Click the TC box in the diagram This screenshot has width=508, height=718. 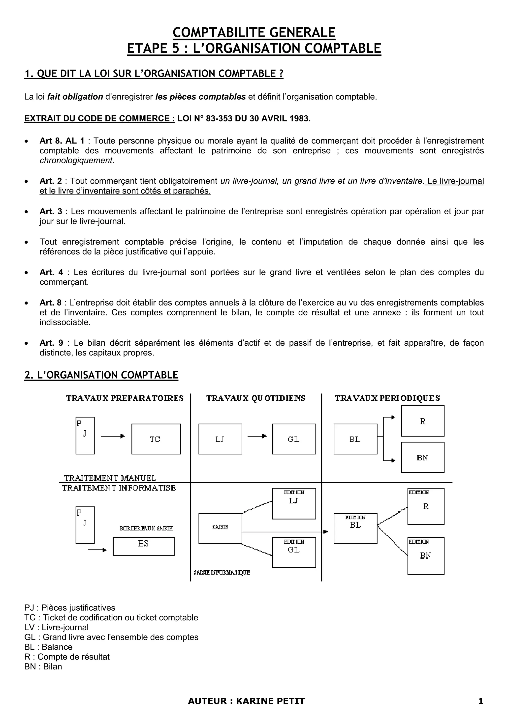tap(156, 439)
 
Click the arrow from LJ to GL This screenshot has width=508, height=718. tap(257, 436)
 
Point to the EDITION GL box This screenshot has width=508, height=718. tap(294, 552)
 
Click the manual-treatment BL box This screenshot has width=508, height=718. tap(355, 439)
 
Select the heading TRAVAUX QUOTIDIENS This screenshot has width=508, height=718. tap(256, 398)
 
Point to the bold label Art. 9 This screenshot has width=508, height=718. tap(51, 343)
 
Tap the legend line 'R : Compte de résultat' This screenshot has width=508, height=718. tap(67, 657)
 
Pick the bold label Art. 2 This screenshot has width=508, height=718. tap(51, 181)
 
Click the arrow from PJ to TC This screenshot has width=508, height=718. tap(113, 436)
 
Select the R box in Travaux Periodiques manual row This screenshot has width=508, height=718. tap(423, 421)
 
